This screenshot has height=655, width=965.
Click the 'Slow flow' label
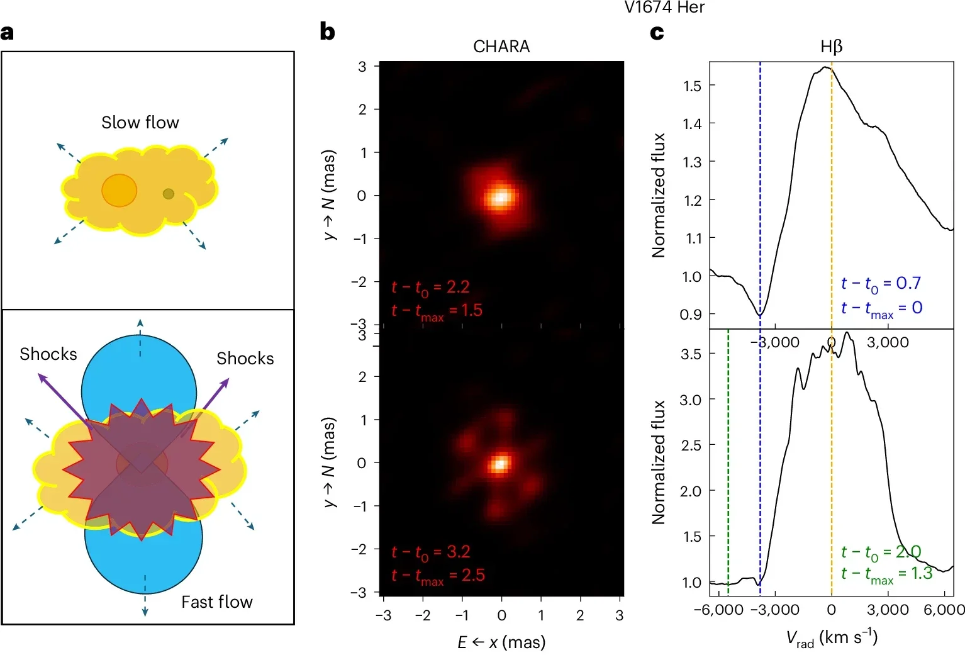pos(140,122)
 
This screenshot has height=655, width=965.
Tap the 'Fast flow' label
pos(216,602)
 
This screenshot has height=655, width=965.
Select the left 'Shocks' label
pos(48,354)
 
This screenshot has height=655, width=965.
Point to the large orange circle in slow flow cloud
pos(119,190)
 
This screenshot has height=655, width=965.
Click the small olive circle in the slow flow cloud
pos(168,194)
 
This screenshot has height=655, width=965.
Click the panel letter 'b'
pos(327,31)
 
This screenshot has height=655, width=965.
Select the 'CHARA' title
pos(501,47)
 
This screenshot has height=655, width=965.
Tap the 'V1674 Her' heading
pos(664,8)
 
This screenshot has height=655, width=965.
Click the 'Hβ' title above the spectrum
pos(831,47)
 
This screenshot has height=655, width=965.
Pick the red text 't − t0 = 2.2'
pos(430,288)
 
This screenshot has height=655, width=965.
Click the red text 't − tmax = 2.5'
pos(438,576)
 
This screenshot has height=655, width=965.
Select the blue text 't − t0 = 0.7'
pos(881,284)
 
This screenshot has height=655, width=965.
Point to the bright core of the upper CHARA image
pos(501,197)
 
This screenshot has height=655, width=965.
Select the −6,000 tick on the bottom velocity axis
pos(718,610)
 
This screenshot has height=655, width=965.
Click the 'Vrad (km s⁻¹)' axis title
pos(831,638)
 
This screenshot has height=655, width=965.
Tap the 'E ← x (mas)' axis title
pos(501,642)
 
